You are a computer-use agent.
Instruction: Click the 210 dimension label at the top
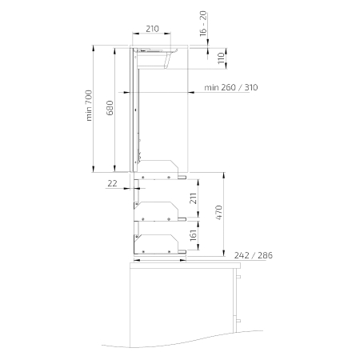tap(152, 29)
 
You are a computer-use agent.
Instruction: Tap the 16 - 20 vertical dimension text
tap(203, 23)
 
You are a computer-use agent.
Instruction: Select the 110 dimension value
tap(221, 58)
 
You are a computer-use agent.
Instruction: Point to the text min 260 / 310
tap(231, 87)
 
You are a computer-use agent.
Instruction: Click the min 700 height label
tap(89, 106)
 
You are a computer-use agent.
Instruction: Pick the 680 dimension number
tap(110, 108)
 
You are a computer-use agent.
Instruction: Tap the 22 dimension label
tap(112, 183)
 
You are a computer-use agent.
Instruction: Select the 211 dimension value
tap(193, 198)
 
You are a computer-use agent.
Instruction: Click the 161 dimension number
tap(193, 235)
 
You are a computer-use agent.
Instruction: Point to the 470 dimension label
tap(218, 213)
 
